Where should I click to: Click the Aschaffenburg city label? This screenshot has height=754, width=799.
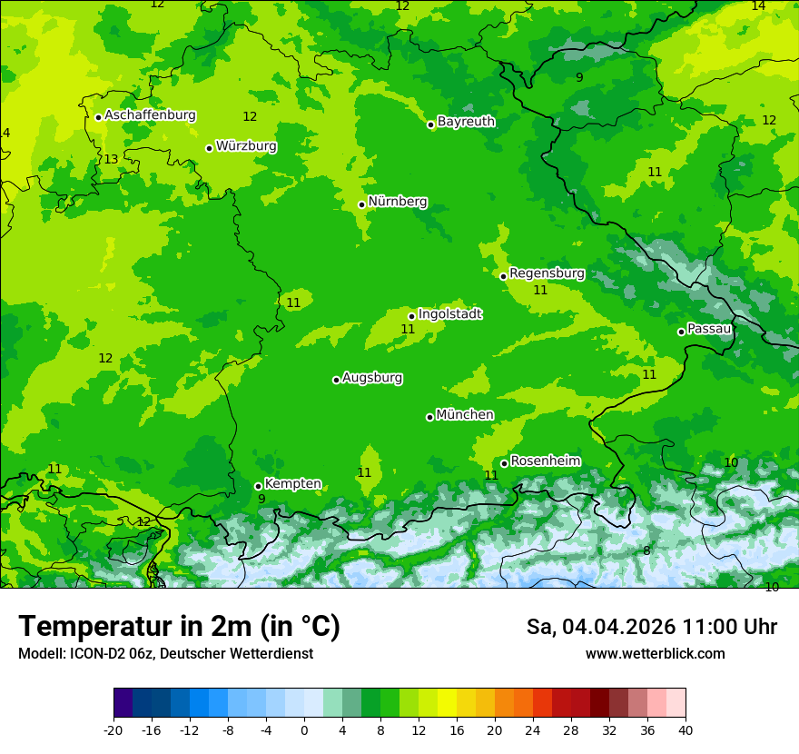pyautogui.click(x=150, y=115)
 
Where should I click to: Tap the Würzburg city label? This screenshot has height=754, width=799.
pyautogui.click(x=246, y=146)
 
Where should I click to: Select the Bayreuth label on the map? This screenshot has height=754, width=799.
pyautogui.click(x=466, y=122)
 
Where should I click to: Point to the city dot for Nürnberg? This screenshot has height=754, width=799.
pyautogui.click(x=361, y=204)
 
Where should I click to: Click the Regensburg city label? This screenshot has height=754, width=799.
pyautogui.click(x=547, y=273)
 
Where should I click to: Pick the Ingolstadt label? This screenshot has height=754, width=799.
pyautogui.click(x=449, y=314)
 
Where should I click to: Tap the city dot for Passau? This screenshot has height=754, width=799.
pyautogui.click(x=681, y=332)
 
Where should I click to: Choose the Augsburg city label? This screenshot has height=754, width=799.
pyautogui.click(x=372, y=378)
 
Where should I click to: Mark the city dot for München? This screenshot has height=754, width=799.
pyautogui.click(x=429, y=417)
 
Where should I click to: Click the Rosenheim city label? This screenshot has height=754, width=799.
pyautogui.click(x=545, y=461)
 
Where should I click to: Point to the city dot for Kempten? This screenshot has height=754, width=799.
pyautogui.click(x=258, y=486)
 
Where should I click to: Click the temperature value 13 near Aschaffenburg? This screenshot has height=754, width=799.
pyautogui.click(x=111, y=160)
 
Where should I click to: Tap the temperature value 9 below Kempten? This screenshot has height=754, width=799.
pyautogui.click(x=261, y=499)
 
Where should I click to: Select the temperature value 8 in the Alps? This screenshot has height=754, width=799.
pyautogui.click(x=646, y=551)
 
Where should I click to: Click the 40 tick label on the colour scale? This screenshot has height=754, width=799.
pyautogui.click(x=686, y=729)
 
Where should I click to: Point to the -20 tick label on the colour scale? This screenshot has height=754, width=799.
pyautogui.click(x=113, y=729)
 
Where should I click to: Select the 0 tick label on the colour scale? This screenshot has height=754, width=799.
pyautogui.click(x=304, y=729)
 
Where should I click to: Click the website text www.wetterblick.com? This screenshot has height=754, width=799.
pyautogui.click(x=655, y=654)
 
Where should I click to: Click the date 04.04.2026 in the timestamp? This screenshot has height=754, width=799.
pyautogui.click(x=619, y=627)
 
